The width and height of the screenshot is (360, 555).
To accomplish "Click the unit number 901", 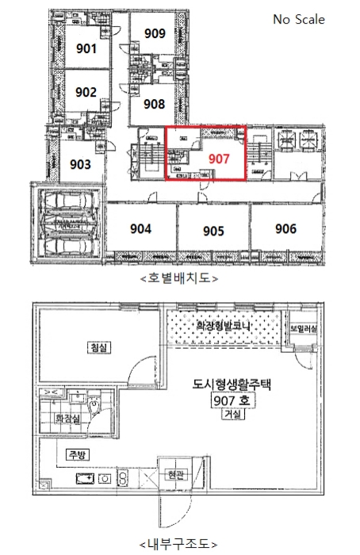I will click(86, 48).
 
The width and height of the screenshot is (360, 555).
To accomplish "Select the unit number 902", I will click(86, 92).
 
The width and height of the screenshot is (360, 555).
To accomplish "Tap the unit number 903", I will click(81, 164).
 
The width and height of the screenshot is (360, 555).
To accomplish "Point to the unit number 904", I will click(140, 229).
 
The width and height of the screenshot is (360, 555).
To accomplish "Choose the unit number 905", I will click(213, 232).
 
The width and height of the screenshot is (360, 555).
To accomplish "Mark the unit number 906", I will click(285, 229).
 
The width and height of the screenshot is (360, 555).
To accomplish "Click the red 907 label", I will click(219, 158).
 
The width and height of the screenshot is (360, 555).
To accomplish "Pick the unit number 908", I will click(155, 104).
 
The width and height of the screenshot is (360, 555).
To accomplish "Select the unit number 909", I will click(155, 33).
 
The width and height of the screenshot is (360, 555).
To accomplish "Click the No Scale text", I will click(299, 20).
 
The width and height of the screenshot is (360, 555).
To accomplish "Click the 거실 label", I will click(232, 415).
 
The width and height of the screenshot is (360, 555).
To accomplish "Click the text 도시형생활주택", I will click(232, 385).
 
